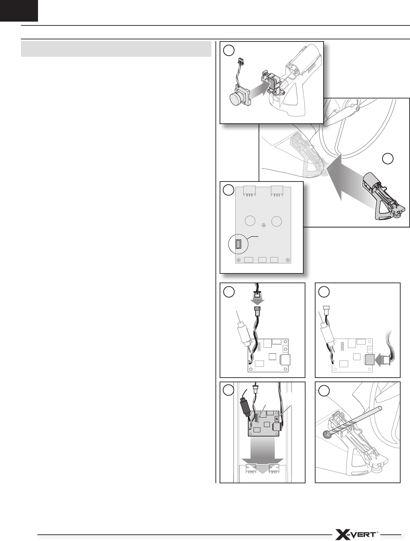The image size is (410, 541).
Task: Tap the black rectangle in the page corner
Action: pos(19,10)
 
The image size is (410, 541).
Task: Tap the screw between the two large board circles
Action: pos(264,225)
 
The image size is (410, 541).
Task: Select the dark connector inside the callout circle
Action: pos(238,244)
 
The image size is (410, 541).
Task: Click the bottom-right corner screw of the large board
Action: pos(288,260)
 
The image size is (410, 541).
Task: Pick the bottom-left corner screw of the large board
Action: pos(239,260)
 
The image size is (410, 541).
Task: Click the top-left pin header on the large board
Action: pos(250,191)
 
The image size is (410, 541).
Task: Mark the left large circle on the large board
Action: pos(250,221)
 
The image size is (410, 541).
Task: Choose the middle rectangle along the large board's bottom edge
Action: pos(262,260)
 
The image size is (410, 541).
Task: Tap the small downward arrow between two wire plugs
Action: pos(258,301)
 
